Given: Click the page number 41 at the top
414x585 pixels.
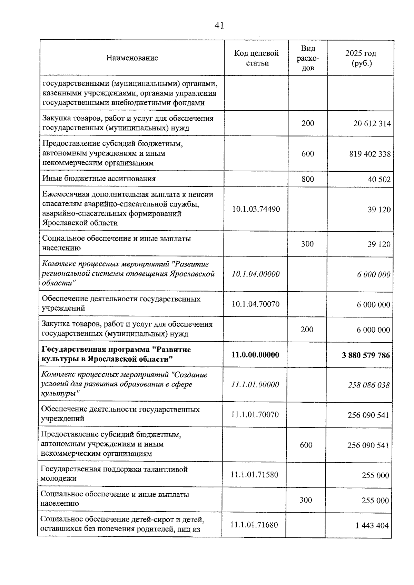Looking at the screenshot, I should (219, 26).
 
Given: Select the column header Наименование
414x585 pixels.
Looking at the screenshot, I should (132, 58).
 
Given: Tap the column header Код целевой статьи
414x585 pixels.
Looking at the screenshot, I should (256, 58).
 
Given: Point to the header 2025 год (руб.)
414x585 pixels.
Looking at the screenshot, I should (361, 58).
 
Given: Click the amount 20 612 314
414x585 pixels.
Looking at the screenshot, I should (372, 123).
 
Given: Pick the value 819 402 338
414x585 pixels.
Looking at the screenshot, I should (370, 154).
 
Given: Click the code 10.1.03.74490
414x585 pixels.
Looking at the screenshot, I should (256, 209).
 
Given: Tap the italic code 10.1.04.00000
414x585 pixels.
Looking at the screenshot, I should (256, 274).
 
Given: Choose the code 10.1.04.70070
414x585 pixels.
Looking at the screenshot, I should (256, 304).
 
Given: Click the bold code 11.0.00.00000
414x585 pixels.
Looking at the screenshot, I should (255, 355).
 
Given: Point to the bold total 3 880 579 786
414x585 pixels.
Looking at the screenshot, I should (366, 355).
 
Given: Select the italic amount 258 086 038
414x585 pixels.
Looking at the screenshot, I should (368, 385).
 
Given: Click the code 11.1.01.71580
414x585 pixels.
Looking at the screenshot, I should (255, 475).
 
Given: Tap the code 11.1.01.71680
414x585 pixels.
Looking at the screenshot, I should (254, 525).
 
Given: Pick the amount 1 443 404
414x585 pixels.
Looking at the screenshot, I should (372, 526).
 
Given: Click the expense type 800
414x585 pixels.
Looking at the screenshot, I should (307, 179).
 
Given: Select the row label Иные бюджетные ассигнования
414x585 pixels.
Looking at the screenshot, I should (99, 179).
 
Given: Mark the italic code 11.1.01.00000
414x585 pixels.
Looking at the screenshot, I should (255, 384).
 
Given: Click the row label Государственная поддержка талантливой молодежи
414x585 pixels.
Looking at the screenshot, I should (114, 474).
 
